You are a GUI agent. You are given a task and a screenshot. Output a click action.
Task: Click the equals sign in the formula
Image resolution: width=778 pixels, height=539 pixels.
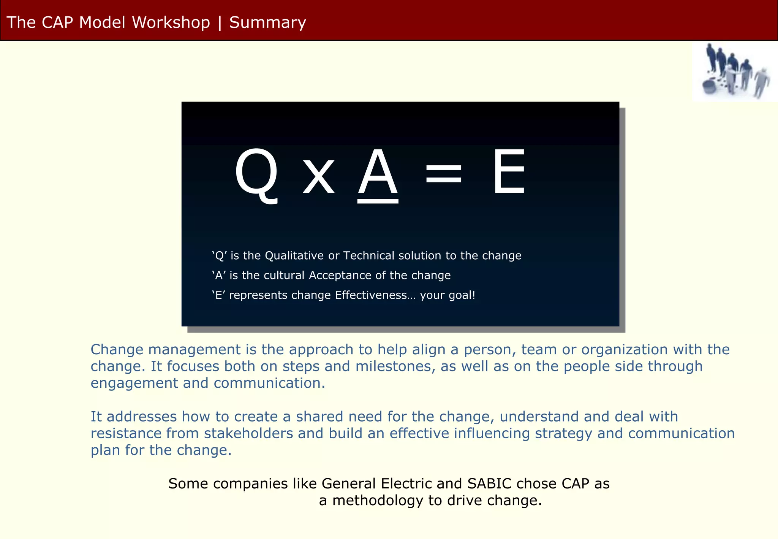coord(444,174)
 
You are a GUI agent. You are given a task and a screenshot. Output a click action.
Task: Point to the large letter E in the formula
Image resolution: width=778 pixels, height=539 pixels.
coord(509,172)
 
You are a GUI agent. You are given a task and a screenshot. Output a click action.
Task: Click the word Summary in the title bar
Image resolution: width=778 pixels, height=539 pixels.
coord(267,22)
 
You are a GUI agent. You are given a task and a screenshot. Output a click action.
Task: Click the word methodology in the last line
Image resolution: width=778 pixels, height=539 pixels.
coord(378,501)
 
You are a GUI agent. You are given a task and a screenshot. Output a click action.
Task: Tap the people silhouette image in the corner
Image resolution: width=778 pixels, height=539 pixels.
coord(735,71)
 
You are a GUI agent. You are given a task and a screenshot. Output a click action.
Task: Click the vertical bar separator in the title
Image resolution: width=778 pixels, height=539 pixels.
coord(220,22)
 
